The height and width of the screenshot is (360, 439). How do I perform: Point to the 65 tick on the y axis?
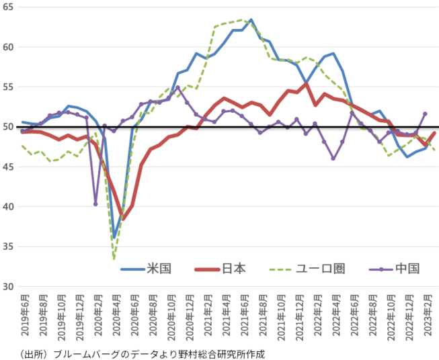[x=9, y=7]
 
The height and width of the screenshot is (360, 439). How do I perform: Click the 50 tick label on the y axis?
[x=9, y=127]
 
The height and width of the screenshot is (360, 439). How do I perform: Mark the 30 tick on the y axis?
[x=9, y=287]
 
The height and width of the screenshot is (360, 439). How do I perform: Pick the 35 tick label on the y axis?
[x=9, y=246]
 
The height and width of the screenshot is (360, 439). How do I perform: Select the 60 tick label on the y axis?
[x=9, y=47]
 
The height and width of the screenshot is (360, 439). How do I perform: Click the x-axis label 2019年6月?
[x=24, y=316]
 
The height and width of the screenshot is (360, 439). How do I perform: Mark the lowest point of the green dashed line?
[x=114, y=259]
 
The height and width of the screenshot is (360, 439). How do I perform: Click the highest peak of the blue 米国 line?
[x=251, y=20]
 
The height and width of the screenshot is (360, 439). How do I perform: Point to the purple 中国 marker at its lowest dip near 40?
[x=95, y=204]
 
